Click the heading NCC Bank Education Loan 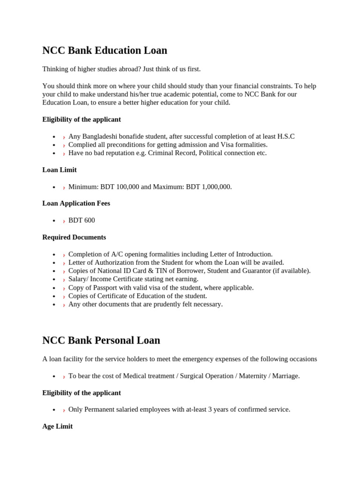[x=105, y=51]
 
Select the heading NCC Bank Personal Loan [x=101, y=340]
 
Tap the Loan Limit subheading [x=60, y=170]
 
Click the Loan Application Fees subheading [x=76, y=203]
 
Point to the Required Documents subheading [x=74, y=237]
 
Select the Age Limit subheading [x=57, y=427]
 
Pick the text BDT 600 [x=82, y=220]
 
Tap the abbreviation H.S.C [x=285, y=136]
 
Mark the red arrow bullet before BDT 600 [x=64, y=221]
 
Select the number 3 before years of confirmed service [x=210, y=410]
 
